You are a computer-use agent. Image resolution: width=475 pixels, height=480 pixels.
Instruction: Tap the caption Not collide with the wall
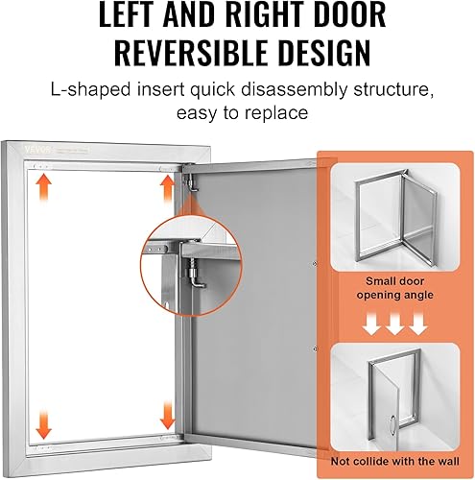pyautogui.click(x=395, y=460)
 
